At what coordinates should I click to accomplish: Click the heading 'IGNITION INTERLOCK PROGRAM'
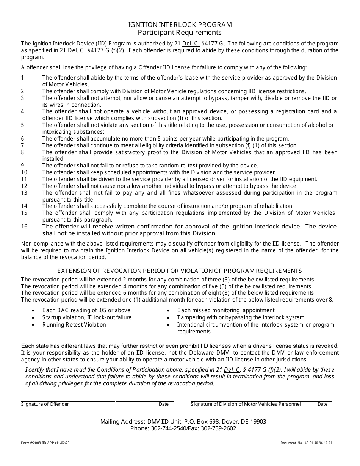(180, 25)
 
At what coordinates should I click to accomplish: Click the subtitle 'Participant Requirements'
(180, 33)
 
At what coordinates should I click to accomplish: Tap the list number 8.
(23, 152)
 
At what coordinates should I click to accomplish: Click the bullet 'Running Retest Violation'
(74, 325)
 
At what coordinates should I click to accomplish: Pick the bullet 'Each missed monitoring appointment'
(226, 310)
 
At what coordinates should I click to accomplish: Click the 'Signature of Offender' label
(45, 404)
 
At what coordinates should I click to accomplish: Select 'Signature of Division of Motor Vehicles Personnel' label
(246, 404)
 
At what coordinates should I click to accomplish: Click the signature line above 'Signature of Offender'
(68, 401)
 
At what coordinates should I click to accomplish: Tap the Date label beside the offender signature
(164, 404)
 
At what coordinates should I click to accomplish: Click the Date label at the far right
(322, 404)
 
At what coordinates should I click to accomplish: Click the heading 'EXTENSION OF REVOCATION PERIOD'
(112, 271)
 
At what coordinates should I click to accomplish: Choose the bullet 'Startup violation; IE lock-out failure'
(87, 317)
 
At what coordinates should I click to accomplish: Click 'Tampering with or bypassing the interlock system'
(241, 317)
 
